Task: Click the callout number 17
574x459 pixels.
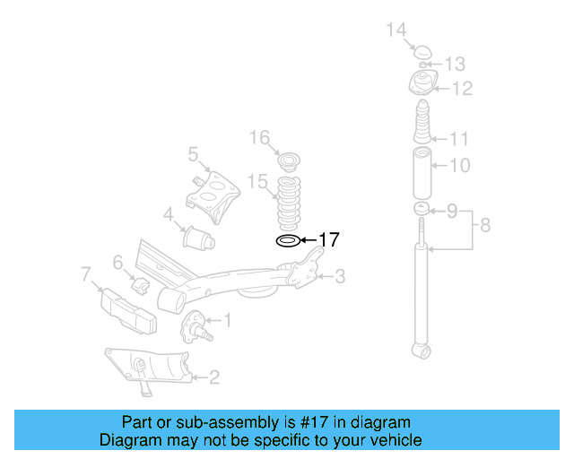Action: tap(329, 239)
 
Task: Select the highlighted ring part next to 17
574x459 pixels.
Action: tap(287, 240)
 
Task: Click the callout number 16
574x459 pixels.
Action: tap(259, 137)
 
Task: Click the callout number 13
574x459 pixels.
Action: tap(455, 64)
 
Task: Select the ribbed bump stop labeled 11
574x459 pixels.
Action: tap(422, 126)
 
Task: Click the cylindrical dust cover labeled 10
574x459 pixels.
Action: tap(421, 177)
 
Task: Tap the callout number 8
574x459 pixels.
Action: tap(484, 225)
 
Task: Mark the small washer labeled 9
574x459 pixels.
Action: tap(421, 210)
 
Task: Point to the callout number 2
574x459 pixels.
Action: tap(213, 377)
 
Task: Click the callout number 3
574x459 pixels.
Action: tap(339, 277)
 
